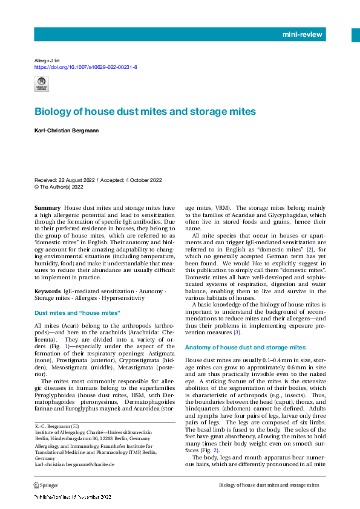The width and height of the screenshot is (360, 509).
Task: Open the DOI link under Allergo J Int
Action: click(86, 67)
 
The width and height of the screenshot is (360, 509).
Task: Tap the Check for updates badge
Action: click(42, 84)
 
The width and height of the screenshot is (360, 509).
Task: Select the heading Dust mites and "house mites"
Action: click(77, 313)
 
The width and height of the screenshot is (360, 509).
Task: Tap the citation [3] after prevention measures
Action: click(238, 332)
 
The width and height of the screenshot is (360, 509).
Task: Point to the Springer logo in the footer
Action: click(46, 485)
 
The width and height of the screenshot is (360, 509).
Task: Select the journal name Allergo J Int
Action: click(48, 60)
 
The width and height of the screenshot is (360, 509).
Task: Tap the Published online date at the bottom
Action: click(73, 497)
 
